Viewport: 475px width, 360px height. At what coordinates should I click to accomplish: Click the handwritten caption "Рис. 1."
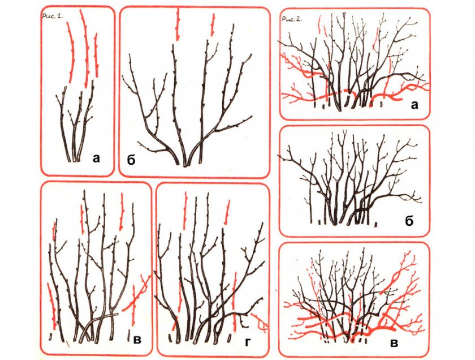point(53,16)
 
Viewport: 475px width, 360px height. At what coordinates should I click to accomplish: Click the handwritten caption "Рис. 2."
point(291,19)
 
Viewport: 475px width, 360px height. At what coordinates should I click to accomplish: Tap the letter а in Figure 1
point(96,158)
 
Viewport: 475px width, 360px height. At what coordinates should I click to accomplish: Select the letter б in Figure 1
point(131,160)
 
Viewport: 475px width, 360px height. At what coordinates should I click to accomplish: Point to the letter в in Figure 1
point(137,340)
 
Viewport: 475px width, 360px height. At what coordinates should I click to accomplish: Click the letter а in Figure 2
point(414,105)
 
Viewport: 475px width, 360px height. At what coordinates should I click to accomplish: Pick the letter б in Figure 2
point(409,221)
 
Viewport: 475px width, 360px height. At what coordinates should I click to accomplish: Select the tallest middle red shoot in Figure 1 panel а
point(85,49)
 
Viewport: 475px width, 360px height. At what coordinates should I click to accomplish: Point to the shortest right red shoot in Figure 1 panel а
point(96,54)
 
